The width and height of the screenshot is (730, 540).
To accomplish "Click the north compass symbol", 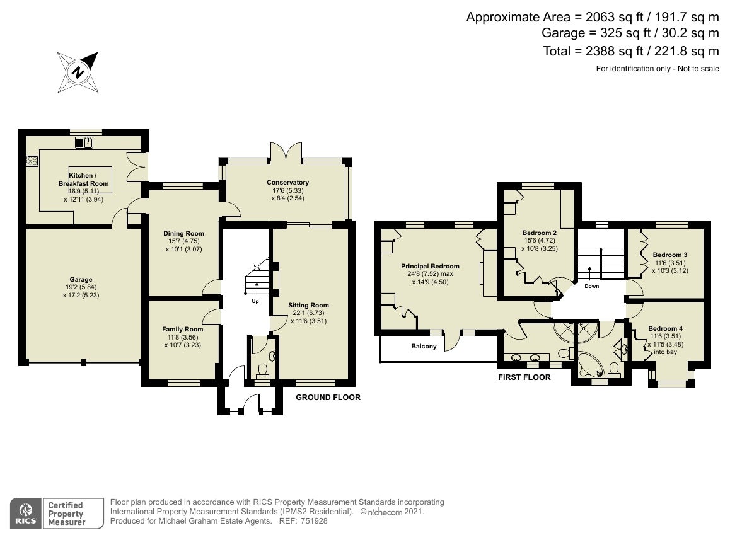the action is pos(78,72).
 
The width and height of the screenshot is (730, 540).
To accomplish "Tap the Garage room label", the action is pos(81,279).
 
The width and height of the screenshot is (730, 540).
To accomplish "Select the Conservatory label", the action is pos(287,183).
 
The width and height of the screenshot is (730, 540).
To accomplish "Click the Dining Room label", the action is pos(183,233).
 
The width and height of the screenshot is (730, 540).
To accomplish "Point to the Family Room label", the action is pos(183,329).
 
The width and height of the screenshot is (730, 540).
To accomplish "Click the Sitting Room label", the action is pos(308,306).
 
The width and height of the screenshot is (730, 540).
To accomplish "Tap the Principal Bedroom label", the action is pos(430,267).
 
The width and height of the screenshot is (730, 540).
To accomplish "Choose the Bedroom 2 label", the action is pos(540,233).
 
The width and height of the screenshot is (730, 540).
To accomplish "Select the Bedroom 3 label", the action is pos(670,255).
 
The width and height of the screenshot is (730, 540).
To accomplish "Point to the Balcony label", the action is pos(424,347).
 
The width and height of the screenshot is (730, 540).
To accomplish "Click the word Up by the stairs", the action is pos(255,301).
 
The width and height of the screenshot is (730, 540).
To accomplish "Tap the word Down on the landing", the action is pos(592,286).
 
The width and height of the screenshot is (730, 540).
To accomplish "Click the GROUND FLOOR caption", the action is pos(328,397).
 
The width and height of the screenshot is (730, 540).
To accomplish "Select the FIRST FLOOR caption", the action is pos(524,377).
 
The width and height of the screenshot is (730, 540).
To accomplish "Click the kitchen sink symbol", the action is pos(84,142).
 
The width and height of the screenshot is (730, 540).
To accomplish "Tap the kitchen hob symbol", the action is pos(32,161).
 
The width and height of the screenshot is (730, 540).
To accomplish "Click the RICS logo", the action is pos(26,514).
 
